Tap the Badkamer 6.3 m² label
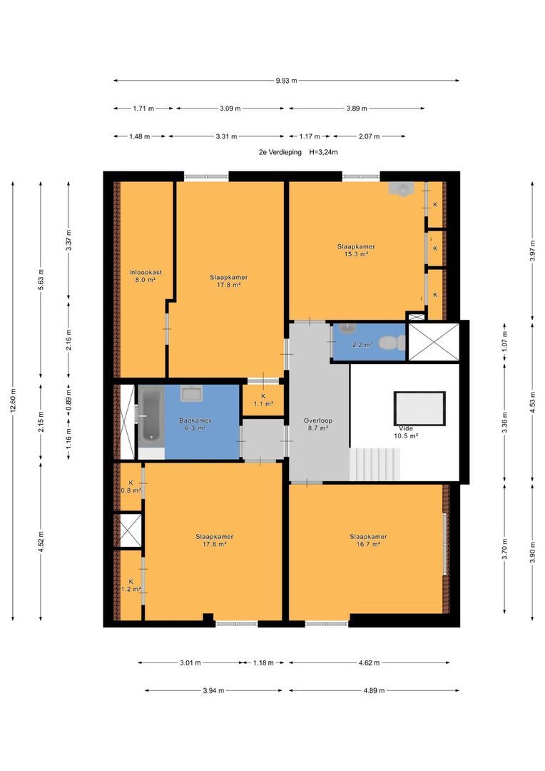pyautogui.click(x=195, y=424)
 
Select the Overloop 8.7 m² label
pyautogui.click(x=318, y=424)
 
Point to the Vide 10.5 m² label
pyautogui.click(x=406, y=432)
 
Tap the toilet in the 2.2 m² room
pyautogui.click(x=394, y=343)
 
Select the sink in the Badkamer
pyautogui.click(x=191, y=394)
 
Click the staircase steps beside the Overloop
pyautogui.click(x=375, y=465)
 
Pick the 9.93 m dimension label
pyautogui.click(x=286, y=81)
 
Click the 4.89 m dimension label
pyautogui.click(x=374, y=690)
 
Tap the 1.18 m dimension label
pyautogui.click(x=263, y=662)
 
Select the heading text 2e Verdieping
pyautogui.click(x=280, y=153)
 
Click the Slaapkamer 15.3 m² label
pyautogui.click(x=356, y=251)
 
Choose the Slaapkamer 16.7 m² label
pyautogui.click(x=369, y=540)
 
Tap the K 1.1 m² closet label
pyautogui.click(x=263, y=400)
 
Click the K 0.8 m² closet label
pyautogui.click(x=131, y=486)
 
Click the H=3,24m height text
pyautogui.click(x=323, y=153)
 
